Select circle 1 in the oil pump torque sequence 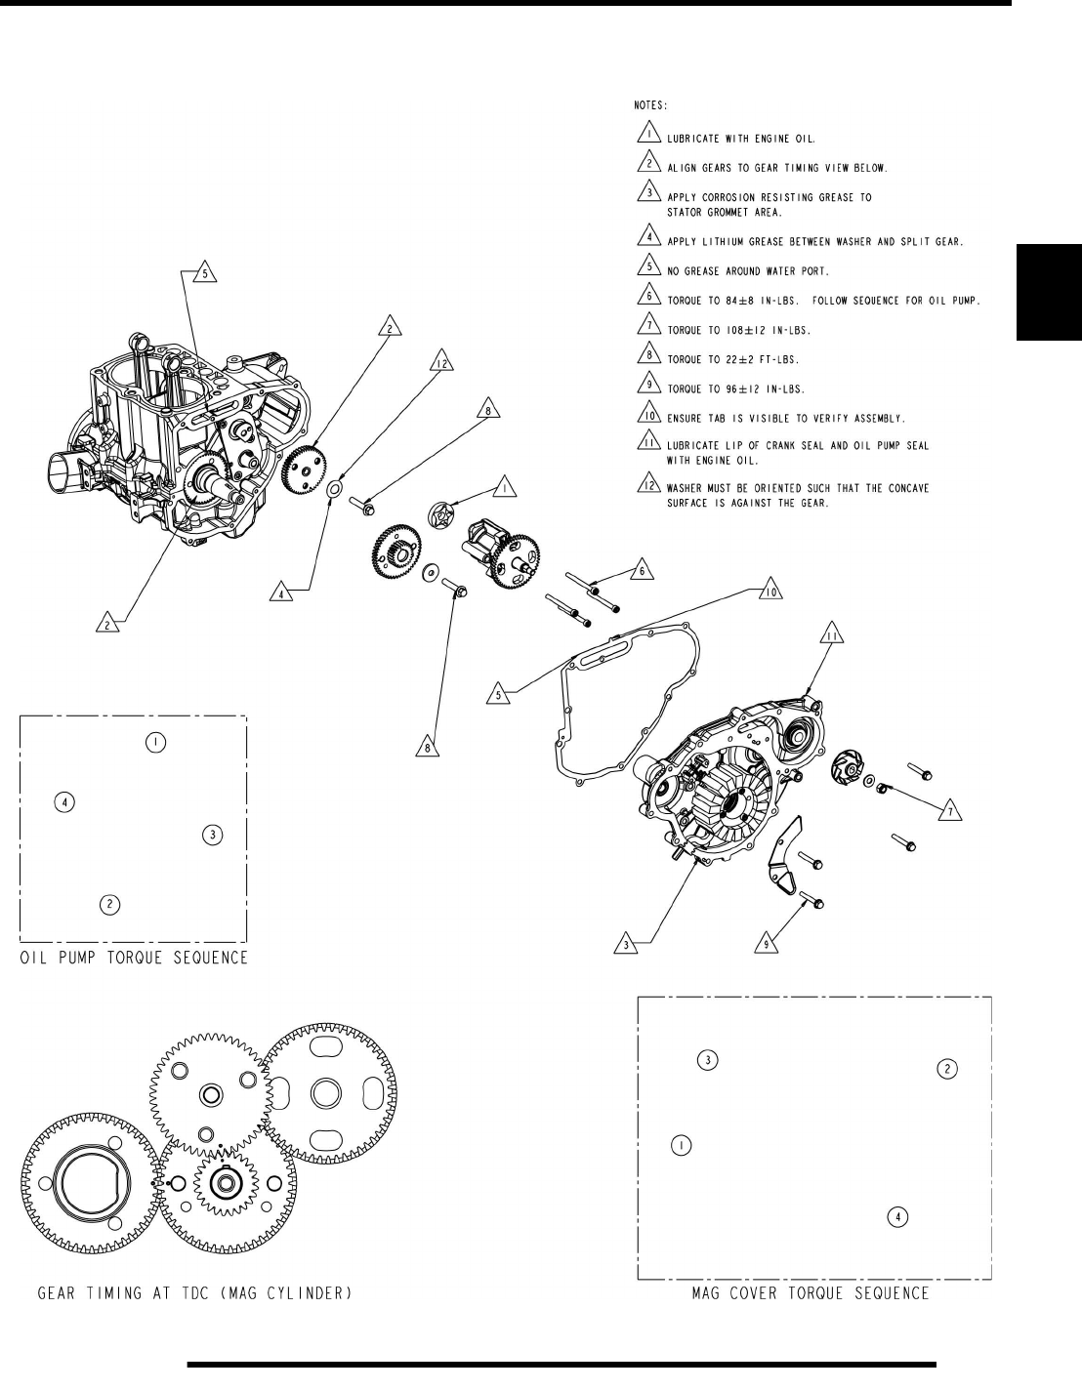(155, 743)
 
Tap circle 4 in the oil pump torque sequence (64, 802)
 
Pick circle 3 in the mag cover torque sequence (709, 1060)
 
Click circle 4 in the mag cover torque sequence (897, 1216)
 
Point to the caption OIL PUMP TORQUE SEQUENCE (135, 958)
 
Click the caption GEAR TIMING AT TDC (194, 1294)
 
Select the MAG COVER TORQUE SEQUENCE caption (810, 1294)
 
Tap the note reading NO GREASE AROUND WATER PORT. (762, 270)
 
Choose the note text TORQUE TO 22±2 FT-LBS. (745, 359)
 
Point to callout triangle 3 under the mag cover (625, 943)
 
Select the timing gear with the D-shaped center (90, 1182)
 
